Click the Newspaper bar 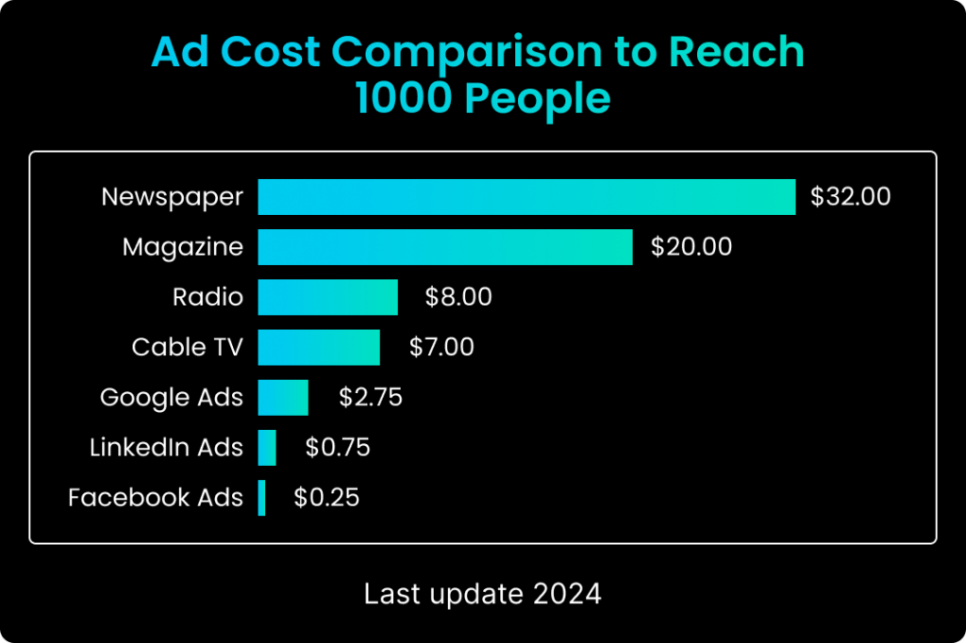point(526,197)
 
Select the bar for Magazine point(444,247)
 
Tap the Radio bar point(327,297)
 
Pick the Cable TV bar point(319,347)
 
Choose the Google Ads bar point(283,397)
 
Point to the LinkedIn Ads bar point(267,447)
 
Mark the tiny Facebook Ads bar point(262,497)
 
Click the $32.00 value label point(850,197)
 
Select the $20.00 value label point(691,247)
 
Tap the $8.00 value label point(458,297)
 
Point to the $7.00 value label point(441,347)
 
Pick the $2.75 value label point(371,397)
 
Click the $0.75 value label point(338,447)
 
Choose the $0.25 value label point(326,497)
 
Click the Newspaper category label point(173,197)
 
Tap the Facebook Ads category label point(156,497)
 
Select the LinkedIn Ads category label point(166,447)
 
